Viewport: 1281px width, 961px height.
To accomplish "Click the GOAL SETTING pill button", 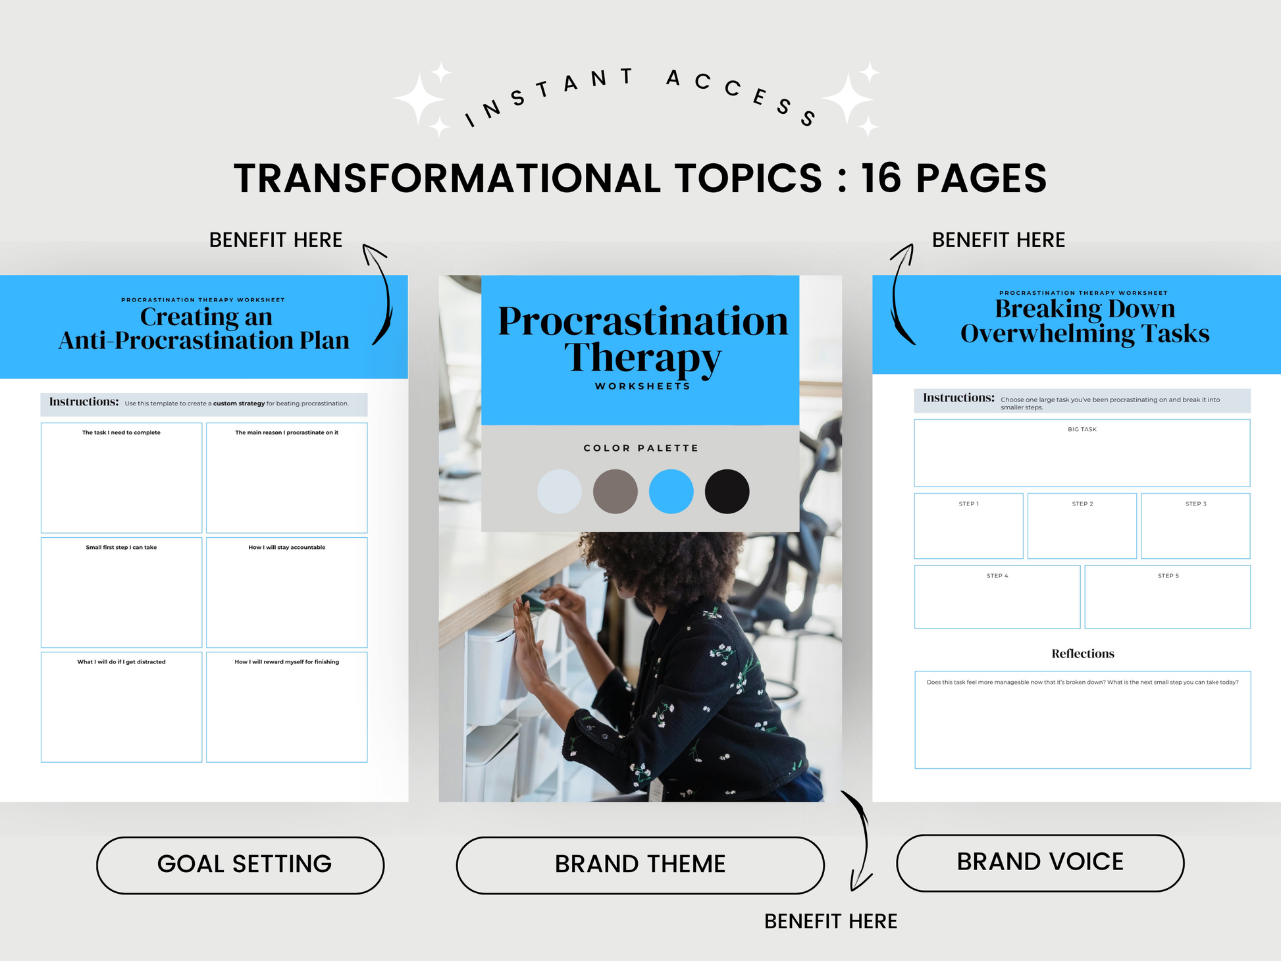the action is click(x=240, y=865).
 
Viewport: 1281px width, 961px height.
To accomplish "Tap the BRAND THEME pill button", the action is click(x=640, y=865).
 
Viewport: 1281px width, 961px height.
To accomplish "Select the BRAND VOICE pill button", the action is click(x=1040, y=863).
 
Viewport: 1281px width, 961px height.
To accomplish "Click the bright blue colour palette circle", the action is click(x=671, y=491).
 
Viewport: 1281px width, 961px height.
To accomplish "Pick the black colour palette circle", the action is click(x=727, y=491).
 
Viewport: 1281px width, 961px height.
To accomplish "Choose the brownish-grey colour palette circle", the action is click(x=615, y=491).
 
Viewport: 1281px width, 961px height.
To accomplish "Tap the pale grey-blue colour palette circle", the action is click(x=560, y=491).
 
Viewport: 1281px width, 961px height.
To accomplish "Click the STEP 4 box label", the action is click(x=997, y=576).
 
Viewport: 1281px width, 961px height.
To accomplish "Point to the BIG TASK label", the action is click(x=1082, y=429).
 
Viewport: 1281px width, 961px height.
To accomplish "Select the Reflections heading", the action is click(x=1083, y=654).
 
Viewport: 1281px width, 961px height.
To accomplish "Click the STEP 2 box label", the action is click(x=1082, y=504).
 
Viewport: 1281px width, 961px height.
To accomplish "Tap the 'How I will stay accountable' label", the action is click(x=287, y=548).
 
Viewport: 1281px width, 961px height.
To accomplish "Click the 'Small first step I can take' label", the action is click(x=121, y=548).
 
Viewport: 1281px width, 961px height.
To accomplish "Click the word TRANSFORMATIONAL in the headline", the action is click(x=447, y=178).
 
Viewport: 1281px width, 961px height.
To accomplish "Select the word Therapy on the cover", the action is click(x=642, y=359).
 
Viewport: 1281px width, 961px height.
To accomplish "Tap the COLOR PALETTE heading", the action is click(x=641, y=448).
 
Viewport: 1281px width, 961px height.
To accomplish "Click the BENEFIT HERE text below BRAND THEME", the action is click(x=831, y=922).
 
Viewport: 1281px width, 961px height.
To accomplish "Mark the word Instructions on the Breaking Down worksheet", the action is click(x=958, y=398).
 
